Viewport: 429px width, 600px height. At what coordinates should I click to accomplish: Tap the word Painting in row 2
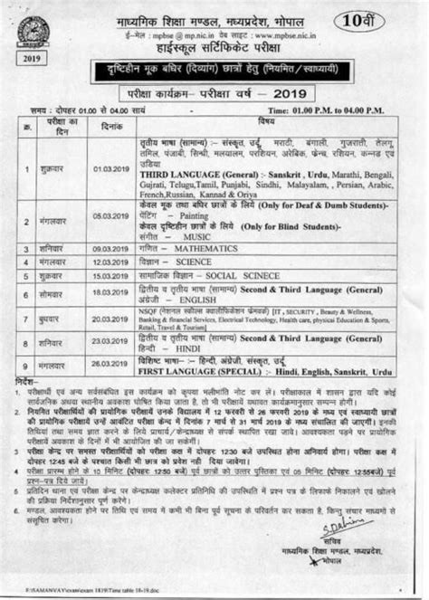click(x=190, y=218)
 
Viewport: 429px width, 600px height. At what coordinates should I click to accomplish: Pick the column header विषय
click(x=265, y=120)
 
